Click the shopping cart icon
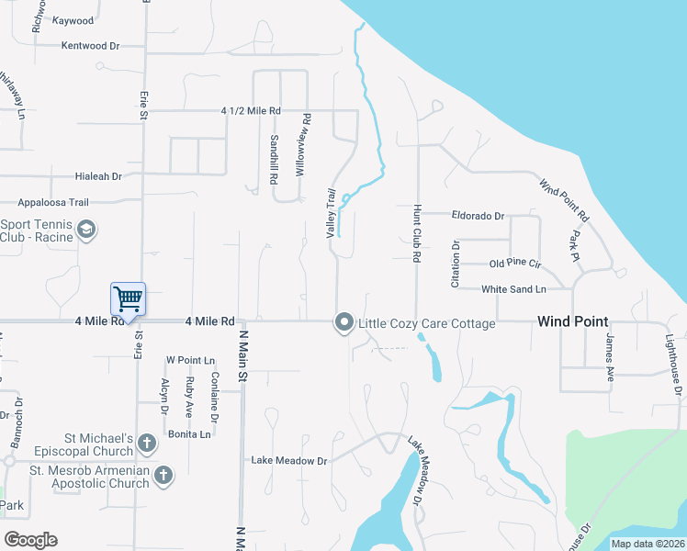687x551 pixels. coord(128,298)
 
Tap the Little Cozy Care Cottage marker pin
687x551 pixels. coord(344,321)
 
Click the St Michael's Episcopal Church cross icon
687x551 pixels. coord(146,444)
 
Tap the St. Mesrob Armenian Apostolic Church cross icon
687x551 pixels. coord(163,475)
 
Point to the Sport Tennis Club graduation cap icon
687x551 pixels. coord(86,229)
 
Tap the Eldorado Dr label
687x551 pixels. coord(478,216)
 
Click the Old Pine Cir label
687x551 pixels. coord(515,264)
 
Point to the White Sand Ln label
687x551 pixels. coord(513,289)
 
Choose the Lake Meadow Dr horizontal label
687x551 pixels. coord(289,460)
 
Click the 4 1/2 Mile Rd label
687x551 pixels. coord(250,111)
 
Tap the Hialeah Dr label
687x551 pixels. coord(98,175)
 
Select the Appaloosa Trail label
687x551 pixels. coord(52,202)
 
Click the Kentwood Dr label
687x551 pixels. coord(90,45)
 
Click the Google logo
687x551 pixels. coord(30,540)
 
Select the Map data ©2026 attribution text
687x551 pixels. coord(647,544)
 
